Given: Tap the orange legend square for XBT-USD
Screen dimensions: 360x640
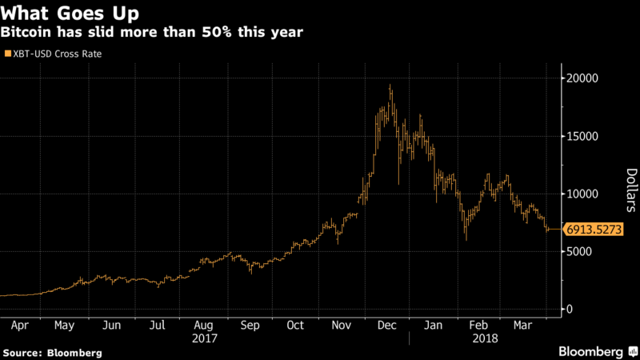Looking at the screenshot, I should pyautogui.click(x=7, y=54).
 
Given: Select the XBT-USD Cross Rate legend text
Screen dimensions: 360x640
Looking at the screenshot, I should pyautogui.click(x=57, y=54).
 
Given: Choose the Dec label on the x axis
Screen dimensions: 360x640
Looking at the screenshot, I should pyautogui.click(x=387, y=326).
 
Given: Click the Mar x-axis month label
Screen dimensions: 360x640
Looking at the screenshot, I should pyautogui.click(x=523, y=326).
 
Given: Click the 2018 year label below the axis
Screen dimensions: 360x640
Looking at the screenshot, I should pyautogui.click(x=485, y=338).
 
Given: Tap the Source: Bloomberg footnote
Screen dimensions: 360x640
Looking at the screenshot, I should pyautogui.click(x=53, y=352).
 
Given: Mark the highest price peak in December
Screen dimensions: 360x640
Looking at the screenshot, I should pyautogui.click(x=390, y=86).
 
